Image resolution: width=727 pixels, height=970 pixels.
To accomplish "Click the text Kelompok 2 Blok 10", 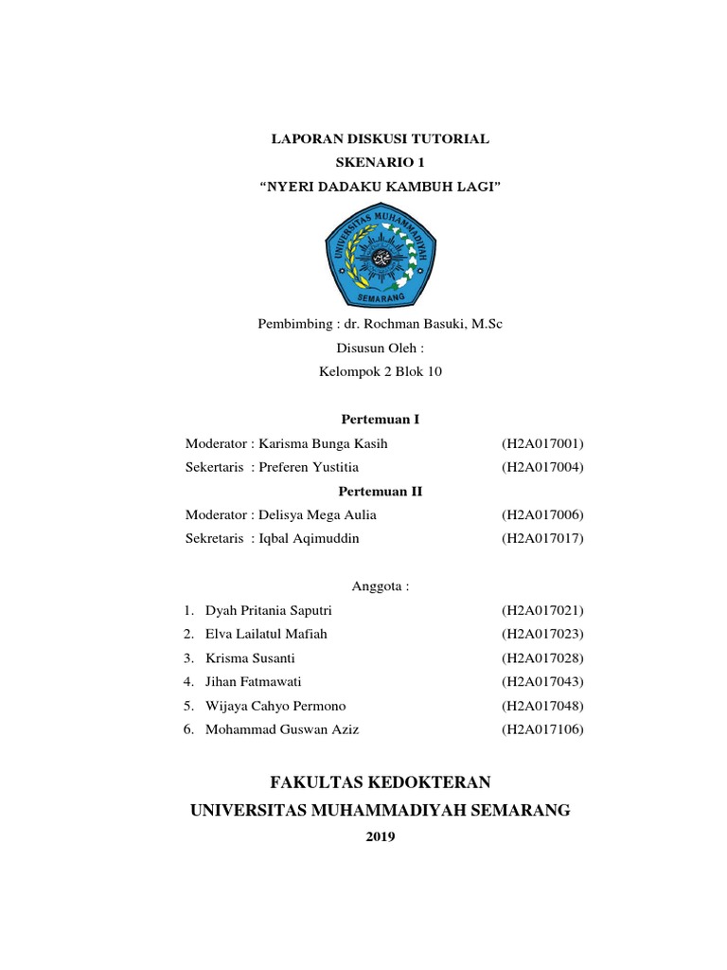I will click(380, 371).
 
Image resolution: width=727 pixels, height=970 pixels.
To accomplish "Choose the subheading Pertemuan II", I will click(380, 492).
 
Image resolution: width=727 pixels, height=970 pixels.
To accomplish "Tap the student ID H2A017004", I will click(543, 467).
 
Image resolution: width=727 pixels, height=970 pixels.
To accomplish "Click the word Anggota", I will click(380, 587).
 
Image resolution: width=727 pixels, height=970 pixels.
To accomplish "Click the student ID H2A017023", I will click(543, 634).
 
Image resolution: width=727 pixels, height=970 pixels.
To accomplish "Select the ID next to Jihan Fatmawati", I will click(543, 681).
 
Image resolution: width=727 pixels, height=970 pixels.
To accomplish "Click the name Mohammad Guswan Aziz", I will click(282, 729).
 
